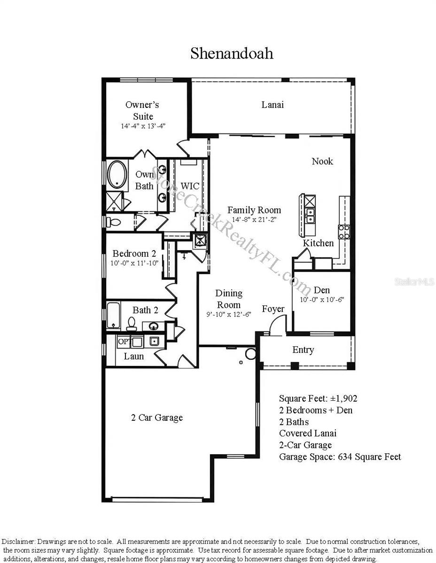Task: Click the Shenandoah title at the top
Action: coord(232,53)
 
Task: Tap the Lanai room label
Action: coord(272,105)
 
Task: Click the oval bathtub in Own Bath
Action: coord(117,175)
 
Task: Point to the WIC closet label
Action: coord(190,186)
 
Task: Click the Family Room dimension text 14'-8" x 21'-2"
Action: coord(254,220)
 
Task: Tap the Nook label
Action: coord(322,161)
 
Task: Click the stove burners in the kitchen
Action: coord(344,231)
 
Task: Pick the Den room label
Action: coord(322,290)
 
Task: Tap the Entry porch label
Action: coord(303,350)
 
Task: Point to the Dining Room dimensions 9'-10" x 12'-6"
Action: coord(229,315)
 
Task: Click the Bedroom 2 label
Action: coord(134,254)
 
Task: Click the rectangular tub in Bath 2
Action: coord(113,315)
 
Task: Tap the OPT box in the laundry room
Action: coord(124,342)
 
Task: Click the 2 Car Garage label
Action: coord(156,418)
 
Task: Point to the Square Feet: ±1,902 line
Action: coord(318,398)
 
